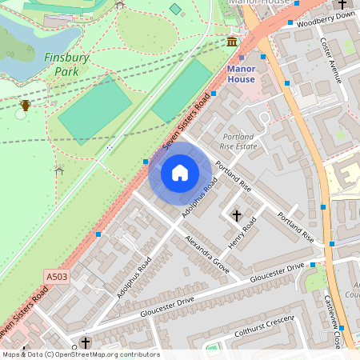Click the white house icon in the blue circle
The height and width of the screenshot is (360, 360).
click(x=180, y=172)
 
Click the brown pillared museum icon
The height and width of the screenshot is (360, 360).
click(x=232, y=41)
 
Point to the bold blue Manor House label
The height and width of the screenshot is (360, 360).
click(x=241, y=74)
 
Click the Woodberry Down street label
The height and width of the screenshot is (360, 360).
click(x=325, y=21)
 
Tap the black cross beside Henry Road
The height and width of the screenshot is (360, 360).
click(x=236, y=215)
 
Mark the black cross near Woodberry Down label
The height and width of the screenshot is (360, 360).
click(x=342, y=5)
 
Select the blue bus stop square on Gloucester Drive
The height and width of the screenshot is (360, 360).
click(x=312, y=265)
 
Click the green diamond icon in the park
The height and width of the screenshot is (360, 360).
click(x=175, y=9)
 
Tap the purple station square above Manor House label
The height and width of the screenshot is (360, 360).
click(x=241, y=58)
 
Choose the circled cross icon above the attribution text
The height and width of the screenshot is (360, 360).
click(x=85, y=342)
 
